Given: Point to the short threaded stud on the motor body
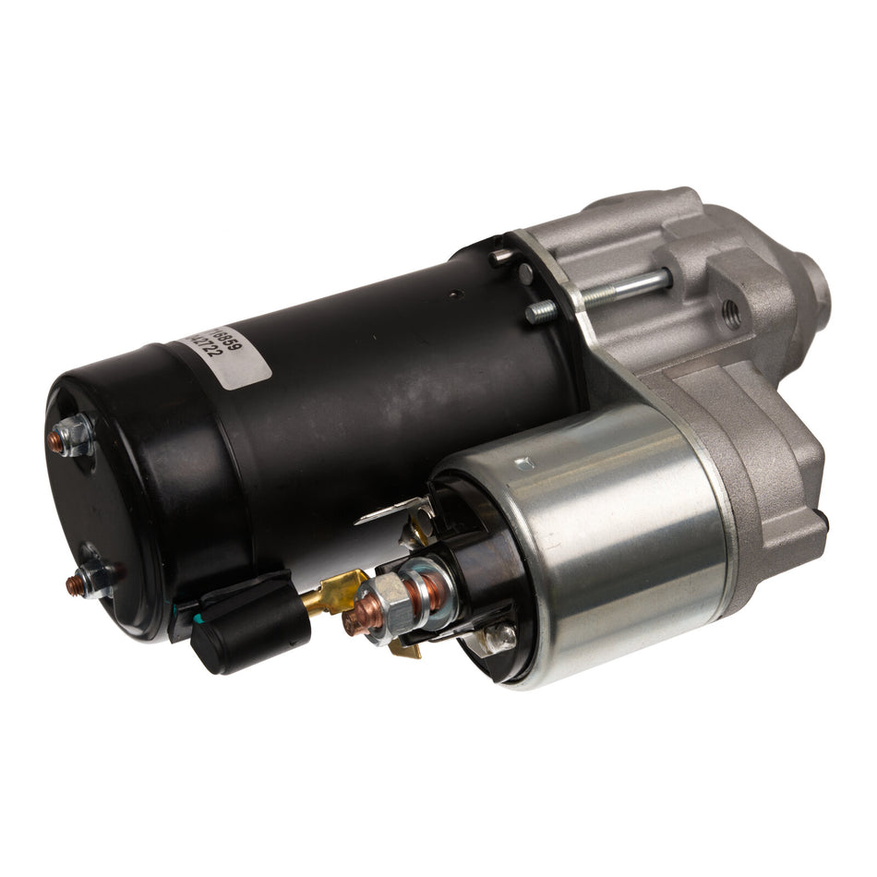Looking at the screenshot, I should pos(542,311).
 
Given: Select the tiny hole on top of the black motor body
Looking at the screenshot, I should pos(453,295).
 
